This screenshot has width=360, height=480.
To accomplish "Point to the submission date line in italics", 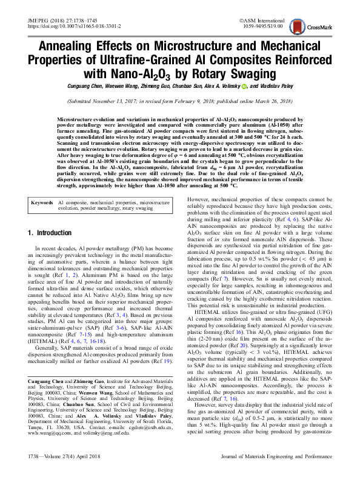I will click(179, 102).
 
